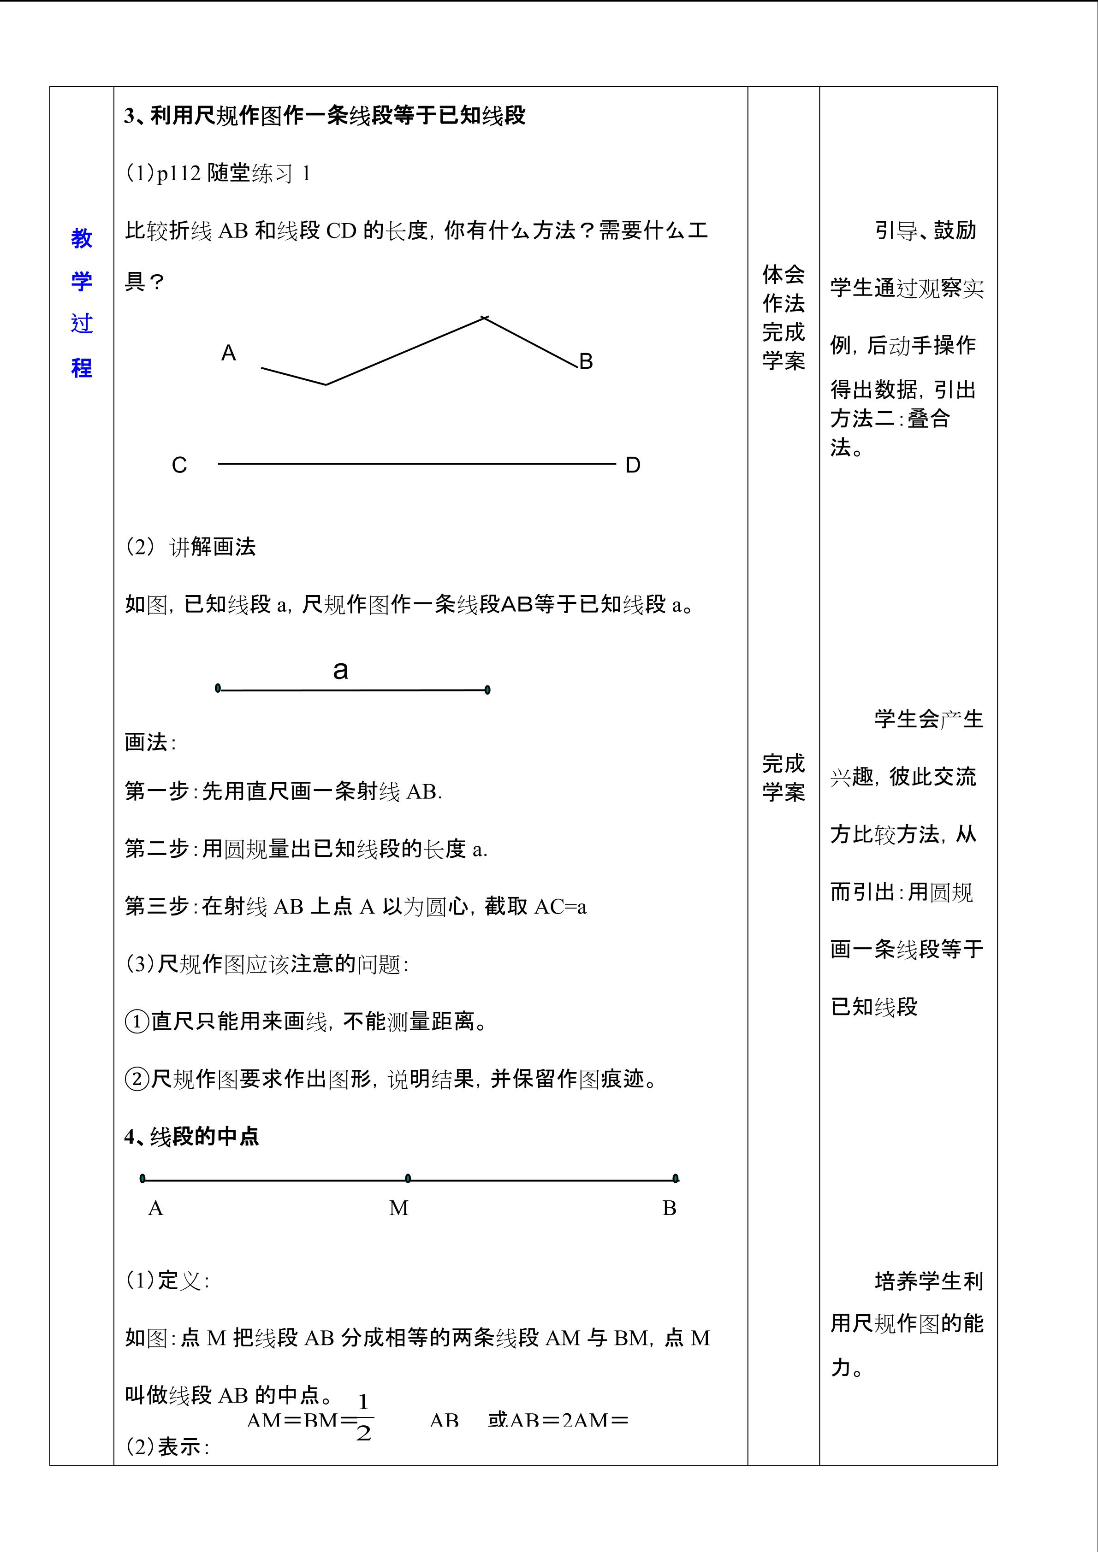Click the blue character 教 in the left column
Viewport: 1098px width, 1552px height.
81,239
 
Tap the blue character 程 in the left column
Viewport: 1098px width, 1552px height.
81,368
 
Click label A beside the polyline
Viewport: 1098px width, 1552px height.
229,353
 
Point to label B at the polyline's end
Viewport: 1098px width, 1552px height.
586,362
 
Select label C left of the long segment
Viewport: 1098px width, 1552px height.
179,465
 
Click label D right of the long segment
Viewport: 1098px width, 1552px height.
632,465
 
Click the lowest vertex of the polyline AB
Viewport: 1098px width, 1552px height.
326,384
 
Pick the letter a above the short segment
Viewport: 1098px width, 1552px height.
341,670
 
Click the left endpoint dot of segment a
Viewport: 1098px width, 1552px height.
218,688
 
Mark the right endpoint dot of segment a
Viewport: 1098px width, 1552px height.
487,690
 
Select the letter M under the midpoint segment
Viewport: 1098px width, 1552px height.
399,1208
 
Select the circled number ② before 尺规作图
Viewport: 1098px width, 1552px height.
137,1078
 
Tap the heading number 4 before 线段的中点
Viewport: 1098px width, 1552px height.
130,1137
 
